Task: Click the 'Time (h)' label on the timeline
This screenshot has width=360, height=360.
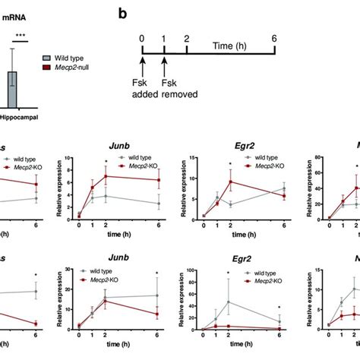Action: click(226, 47)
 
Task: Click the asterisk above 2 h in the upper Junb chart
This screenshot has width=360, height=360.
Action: click(105, 162)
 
